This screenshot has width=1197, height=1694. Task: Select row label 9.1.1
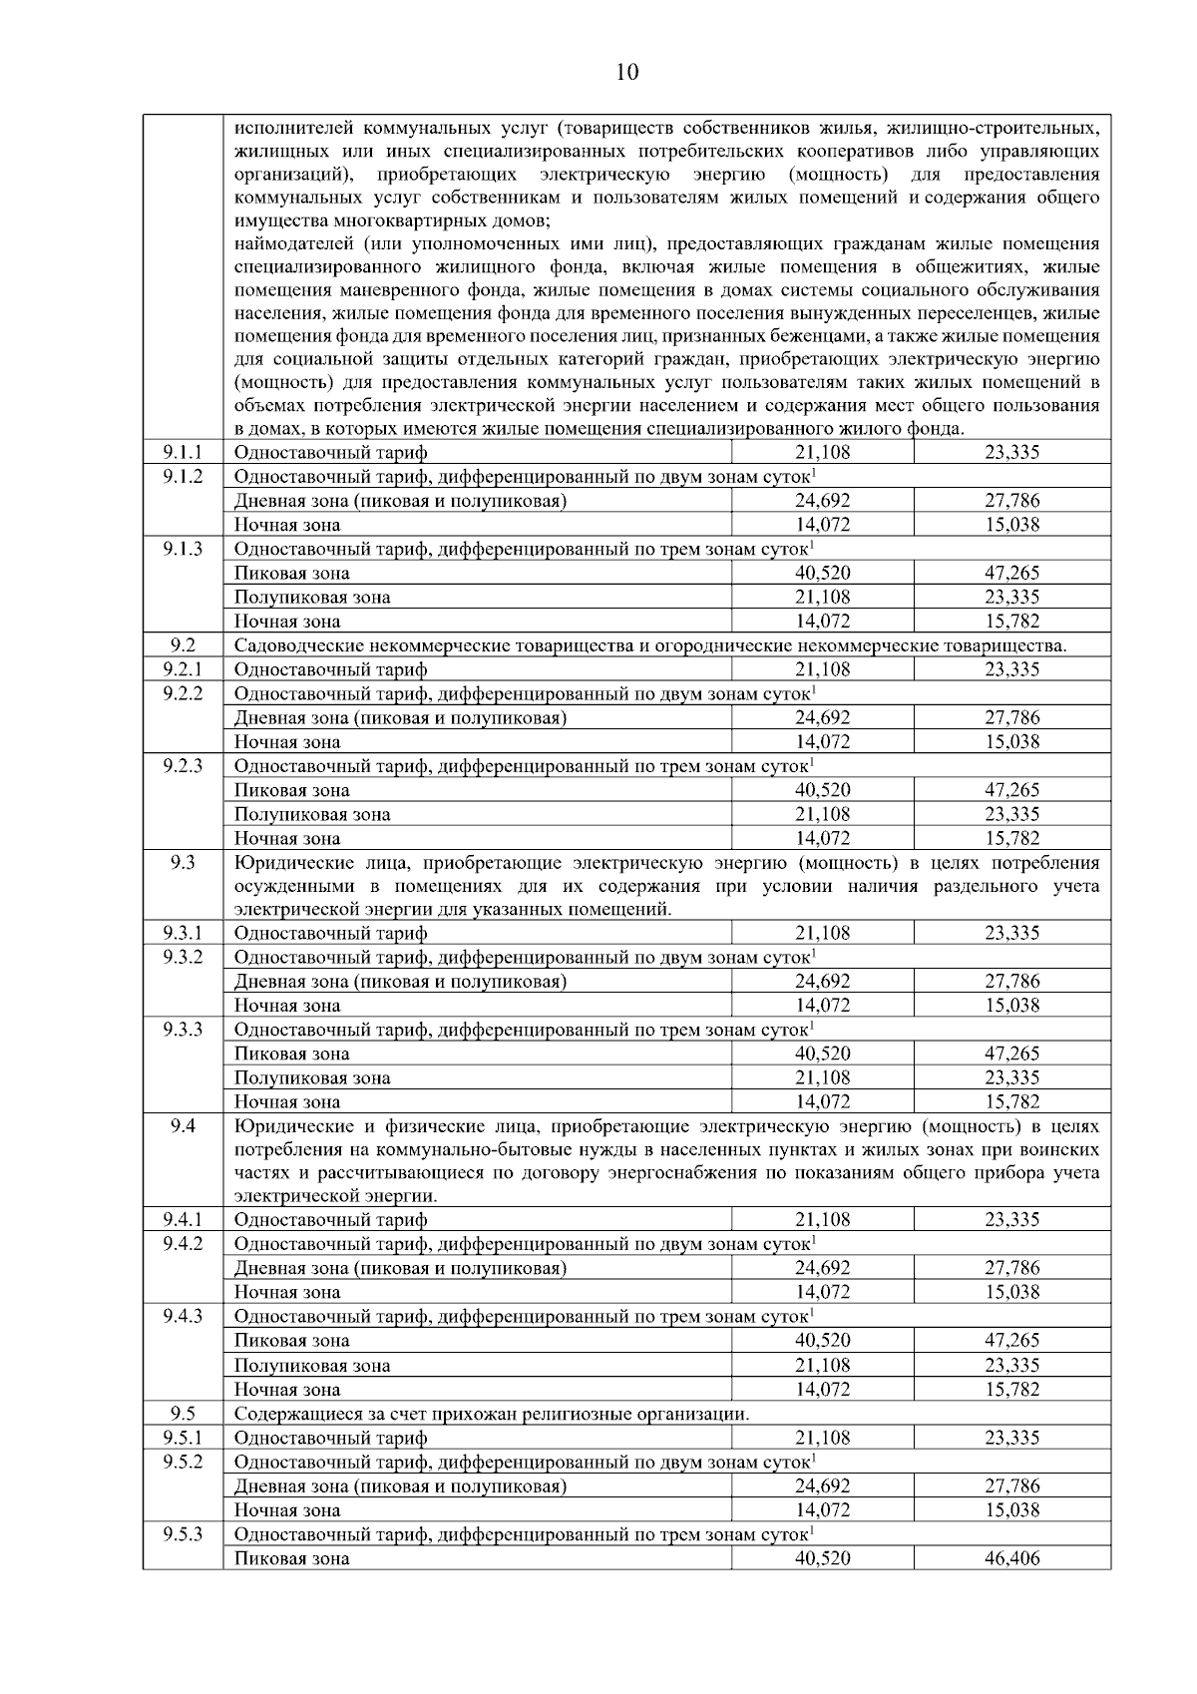click(183, 452)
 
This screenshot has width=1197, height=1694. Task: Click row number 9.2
click(183, 644)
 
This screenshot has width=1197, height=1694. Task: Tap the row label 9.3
click(183, 862)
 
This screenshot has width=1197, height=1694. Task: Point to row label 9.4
click(183, 1125)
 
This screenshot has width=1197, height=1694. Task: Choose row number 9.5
click(183, 1413)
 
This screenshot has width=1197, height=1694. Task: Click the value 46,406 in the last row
click(1011, 1557)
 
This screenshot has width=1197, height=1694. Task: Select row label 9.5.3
click(183, 1533)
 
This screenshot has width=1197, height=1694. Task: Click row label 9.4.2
click(183, 1243)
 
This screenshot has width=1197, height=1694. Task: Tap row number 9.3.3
click(183, 1029)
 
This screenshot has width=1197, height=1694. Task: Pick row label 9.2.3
click(183, 765)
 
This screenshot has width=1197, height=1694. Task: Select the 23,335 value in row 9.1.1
click(1011, 452)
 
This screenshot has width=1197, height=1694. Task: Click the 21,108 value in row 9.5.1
click(822, 1438)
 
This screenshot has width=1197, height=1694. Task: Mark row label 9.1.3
click(183, 548)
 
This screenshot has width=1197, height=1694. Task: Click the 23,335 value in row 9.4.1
click(1011, 1219)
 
